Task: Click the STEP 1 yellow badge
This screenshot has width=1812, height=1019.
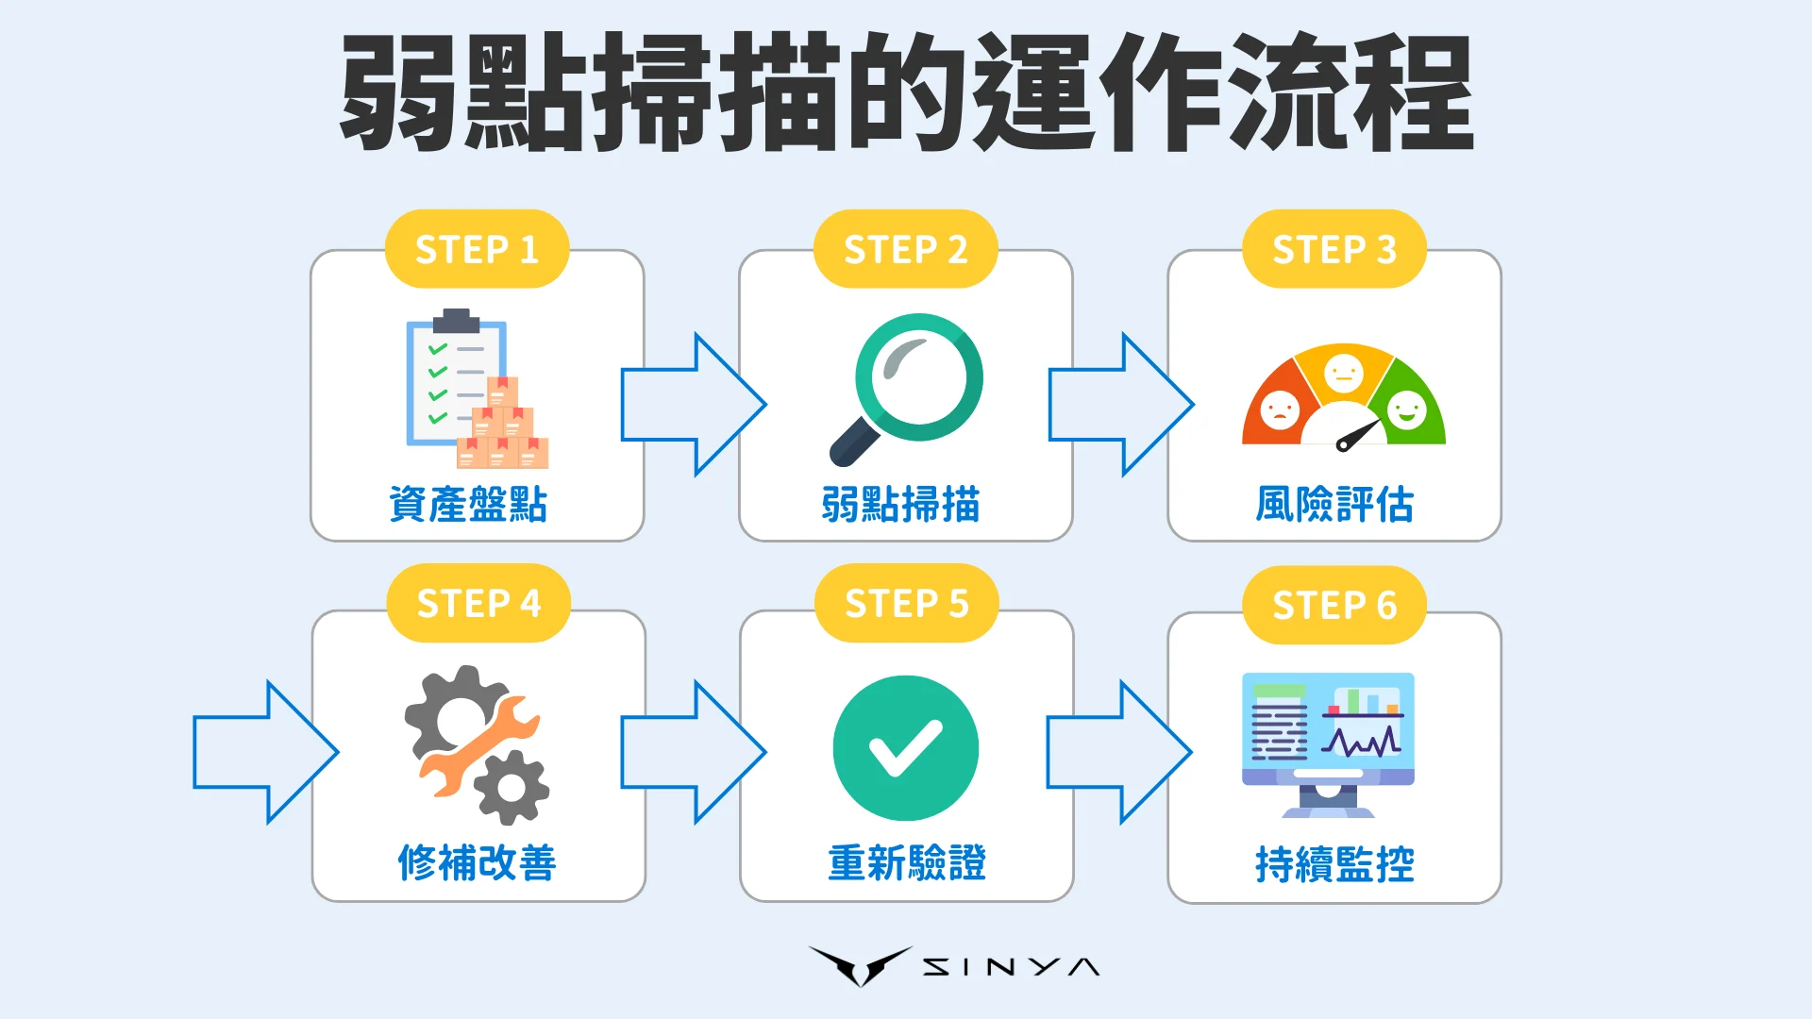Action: [x=477, y=249]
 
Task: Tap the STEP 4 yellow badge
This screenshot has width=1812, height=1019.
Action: [x=478, y=604]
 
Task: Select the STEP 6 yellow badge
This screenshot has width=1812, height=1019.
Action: [x=1334, y=606]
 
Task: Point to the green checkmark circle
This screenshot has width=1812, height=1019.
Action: [x=906, y=748]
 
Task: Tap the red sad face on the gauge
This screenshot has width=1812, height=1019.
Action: [x=1280, y=410]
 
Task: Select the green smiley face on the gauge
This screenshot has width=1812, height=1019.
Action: [x=1406, y=410]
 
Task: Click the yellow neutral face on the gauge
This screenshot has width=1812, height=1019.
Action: [x=1343, y=373]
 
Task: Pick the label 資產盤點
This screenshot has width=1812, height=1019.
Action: [x=468, y=505]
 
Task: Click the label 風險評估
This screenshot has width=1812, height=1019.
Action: [x=1334, y=505]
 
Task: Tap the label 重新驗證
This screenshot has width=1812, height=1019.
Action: [x=906, y=863]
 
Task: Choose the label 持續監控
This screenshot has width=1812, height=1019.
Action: [x=1334, y=864]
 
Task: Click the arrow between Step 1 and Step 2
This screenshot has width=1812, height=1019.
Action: [x=692, y=404]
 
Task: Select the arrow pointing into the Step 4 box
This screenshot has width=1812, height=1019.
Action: [x=264, y=752]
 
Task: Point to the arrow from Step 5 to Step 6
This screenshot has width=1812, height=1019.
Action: [x=1118, y=752]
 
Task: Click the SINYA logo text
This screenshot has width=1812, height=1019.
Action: [x=1010, y=967]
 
